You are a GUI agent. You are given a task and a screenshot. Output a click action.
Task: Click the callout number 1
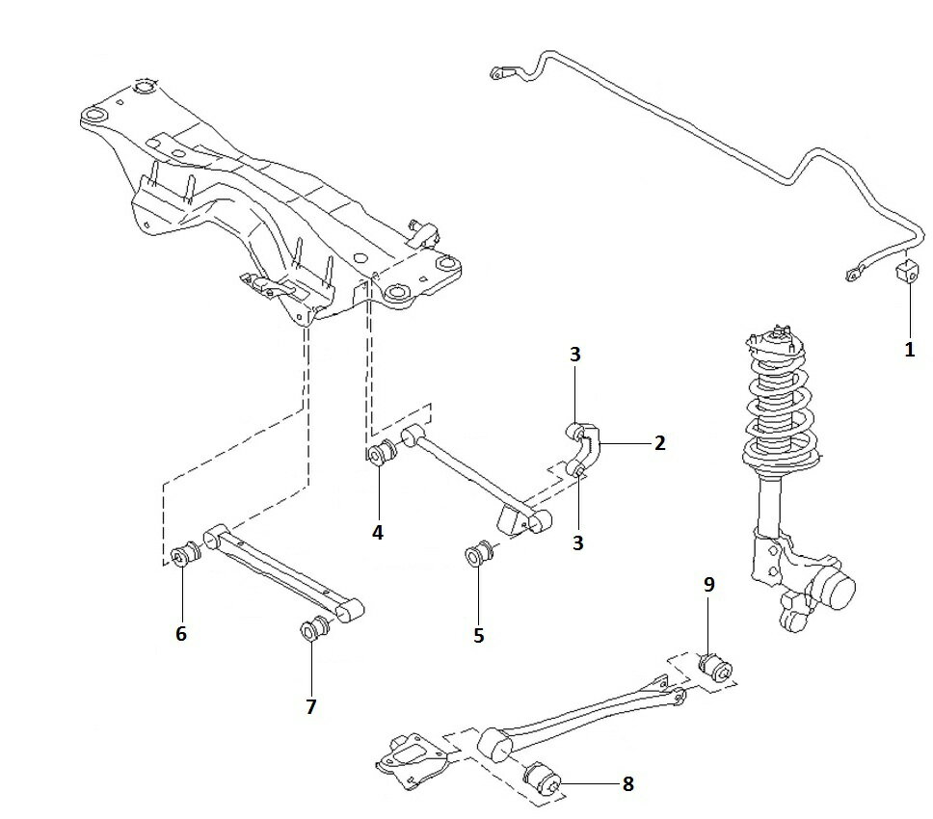tap(909, 350)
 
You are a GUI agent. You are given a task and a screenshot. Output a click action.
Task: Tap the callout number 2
tap(659, 443)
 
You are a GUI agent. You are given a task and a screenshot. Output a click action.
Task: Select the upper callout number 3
tap(575, 355)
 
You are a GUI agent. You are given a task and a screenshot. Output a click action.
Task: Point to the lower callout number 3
tap(578, 542)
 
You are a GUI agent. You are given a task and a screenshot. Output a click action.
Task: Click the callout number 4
tap(378, 531)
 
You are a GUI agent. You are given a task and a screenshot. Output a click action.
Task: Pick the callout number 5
tap(479, 635)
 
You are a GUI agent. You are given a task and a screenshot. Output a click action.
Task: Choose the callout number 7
tap(310, 706)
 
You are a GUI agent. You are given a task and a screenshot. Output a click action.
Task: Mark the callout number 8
tap(628, 784)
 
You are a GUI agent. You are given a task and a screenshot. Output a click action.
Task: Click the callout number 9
tap(708, 584)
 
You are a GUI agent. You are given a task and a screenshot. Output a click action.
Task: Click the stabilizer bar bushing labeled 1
tap(906, 272)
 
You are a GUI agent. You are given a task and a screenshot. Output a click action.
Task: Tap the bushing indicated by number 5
tap(479, 556)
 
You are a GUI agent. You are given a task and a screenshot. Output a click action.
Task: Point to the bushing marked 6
tap(184, 556)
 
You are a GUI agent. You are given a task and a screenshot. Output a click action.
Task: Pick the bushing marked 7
tap(315, 629)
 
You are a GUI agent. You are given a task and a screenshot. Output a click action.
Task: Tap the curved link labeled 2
tap(585, 445)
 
